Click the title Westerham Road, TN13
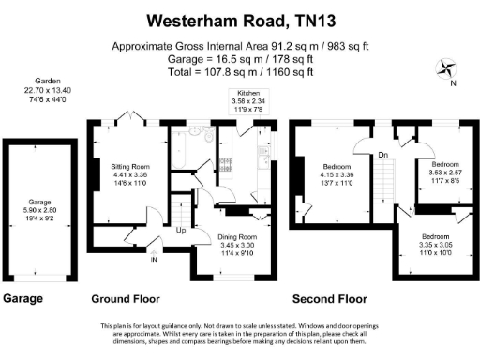coord(240,19)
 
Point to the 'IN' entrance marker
coord(155,259)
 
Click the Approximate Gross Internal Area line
coord(240,45)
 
